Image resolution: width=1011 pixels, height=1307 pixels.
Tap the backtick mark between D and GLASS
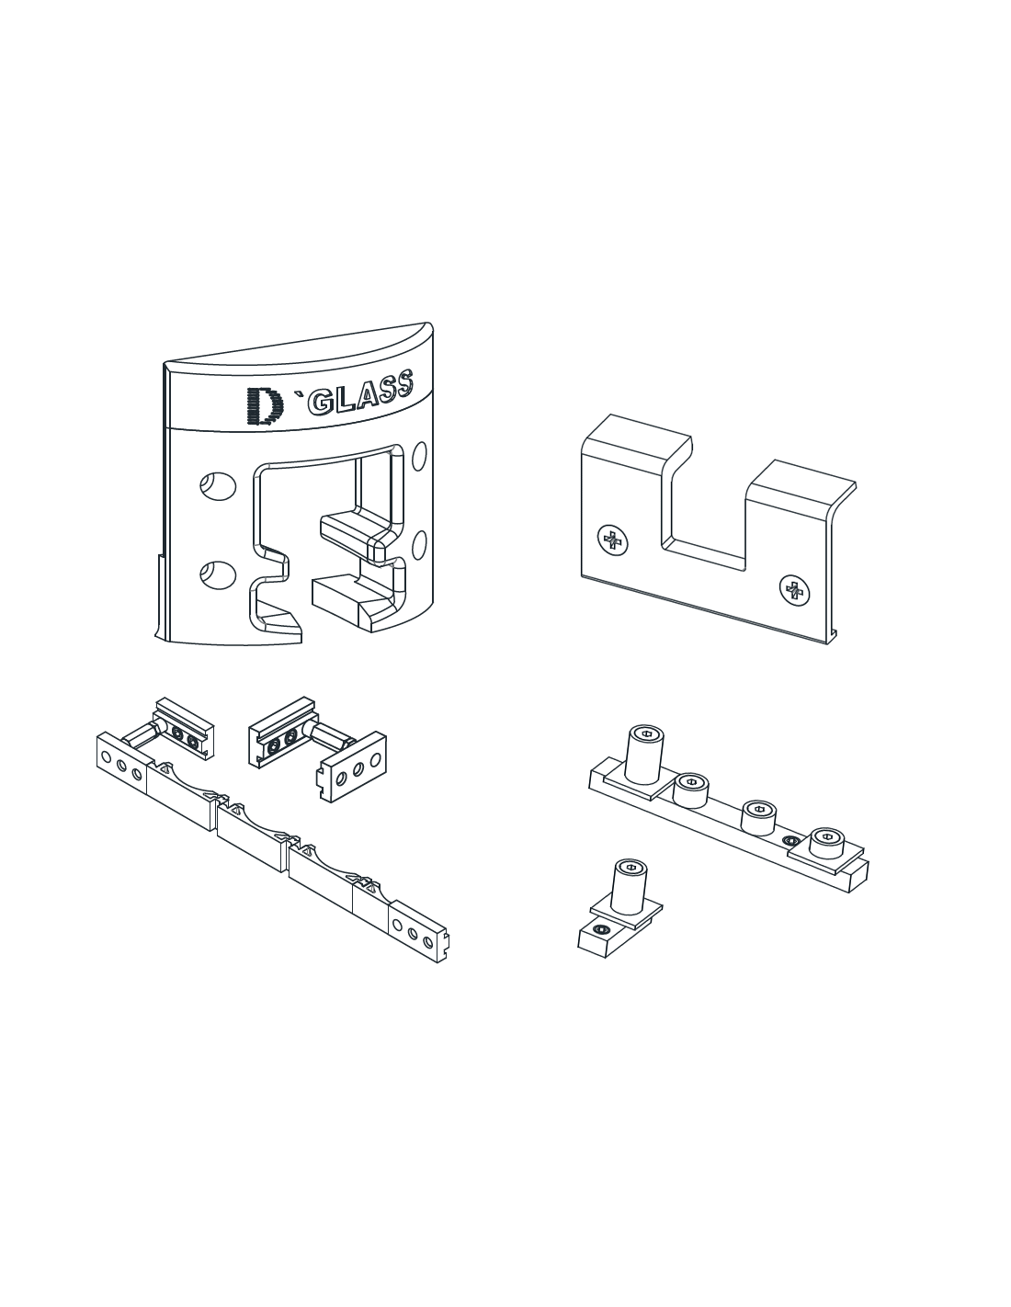(297, 394)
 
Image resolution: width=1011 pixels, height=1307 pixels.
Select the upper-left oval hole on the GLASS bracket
(218, 485)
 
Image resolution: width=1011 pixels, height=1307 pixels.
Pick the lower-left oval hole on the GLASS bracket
(218, 574)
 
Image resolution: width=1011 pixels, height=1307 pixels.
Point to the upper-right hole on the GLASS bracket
(420, 457)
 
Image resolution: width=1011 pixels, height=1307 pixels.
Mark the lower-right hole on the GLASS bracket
(420, 545)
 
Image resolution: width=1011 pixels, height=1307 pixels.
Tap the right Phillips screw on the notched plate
(794, 590)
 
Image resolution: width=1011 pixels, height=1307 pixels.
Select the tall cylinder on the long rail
(645, 755)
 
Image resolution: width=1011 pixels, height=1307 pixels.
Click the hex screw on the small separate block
(599, 930)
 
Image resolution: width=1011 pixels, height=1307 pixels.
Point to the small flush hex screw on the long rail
(789, 840)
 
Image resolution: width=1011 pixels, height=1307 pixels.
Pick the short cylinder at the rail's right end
(827, 843)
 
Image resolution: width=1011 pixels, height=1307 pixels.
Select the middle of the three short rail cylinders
(759, 817)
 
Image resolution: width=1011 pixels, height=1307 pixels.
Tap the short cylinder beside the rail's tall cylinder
(690, 790)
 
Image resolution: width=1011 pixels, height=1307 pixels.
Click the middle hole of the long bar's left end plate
(121, 765)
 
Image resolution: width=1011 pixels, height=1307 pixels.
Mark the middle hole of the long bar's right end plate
(413, 934)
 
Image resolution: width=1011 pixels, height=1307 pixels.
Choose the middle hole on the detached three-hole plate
(358, 769)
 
